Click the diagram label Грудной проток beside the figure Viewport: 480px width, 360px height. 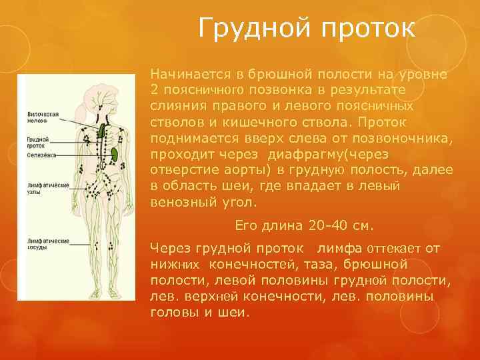[x=37, y=141]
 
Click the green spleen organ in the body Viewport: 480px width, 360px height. [x=115, y=153]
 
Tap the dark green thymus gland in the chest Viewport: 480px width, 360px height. [x=101, y=127]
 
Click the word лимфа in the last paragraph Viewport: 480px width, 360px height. [x=340, y=248]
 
